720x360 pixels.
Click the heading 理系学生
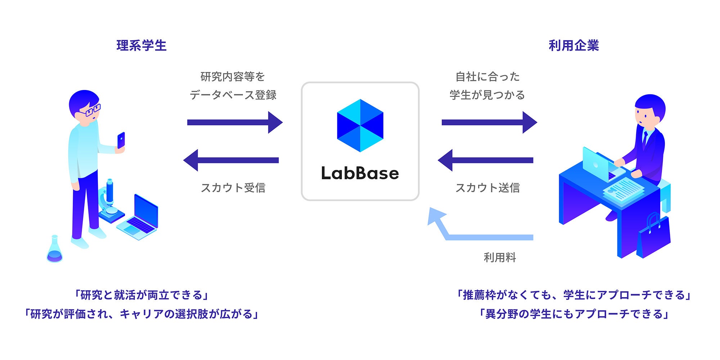(141, 46)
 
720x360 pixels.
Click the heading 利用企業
(573, 46)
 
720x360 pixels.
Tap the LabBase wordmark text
(360, 174)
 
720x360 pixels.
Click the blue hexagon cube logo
(360, 125)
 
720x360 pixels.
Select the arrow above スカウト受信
(231, 160)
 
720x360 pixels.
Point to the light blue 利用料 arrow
(479, 236)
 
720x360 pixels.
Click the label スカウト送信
(487, 188)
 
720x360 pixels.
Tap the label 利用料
(500, 257)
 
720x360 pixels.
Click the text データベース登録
(233, 95)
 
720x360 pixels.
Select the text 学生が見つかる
(487, 95)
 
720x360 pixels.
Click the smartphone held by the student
(121, 140)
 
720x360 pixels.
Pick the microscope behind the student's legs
(109, 202)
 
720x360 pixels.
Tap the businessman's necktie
(645, 139)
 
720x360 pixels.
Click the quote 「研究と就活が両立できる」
(141, 295)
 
